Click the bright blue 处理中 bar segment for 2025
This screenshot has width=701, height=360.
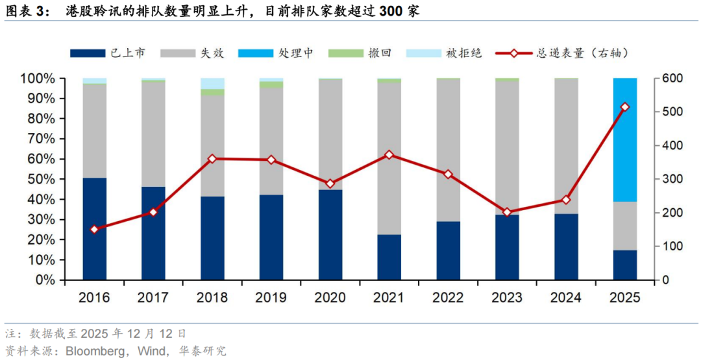(625, 139)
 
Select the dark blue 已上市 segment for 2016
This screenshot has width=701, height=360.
(95, 228)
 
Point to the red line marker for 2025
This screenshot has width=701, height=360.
(625, 107)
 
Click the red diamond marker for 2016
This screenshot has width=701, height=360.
(95, 230)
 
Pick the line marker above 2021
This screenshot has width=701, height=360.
(389, 155)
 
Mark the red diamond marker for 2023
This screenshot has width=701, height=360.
(507, 212)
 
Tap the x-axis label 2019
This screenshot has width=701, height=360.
(271, 298)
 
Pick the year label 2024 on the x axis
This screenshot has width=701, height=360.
(566, 298)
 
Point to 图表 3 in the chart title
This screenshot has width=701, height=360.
(26, 12)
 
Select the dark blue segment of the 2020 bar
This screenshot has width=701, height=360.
(330, 235)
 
